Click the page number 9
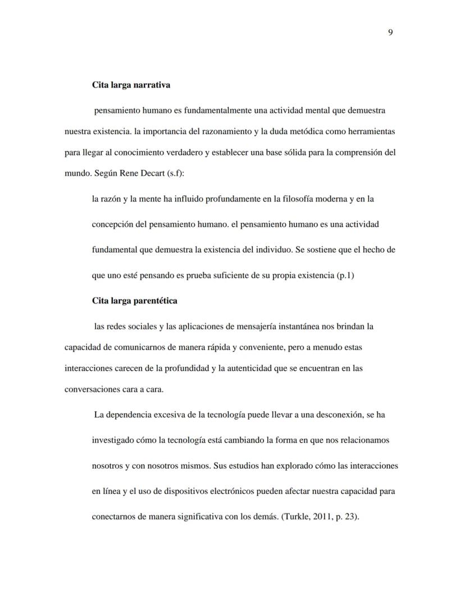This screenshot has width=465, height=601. (390, 33)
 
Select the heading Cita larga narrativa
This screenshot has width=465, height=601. (131, 85)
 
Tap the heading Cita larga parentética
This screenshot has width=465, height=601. (134, 301)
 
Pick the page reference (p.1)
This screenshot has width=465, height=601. (345, 276)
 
